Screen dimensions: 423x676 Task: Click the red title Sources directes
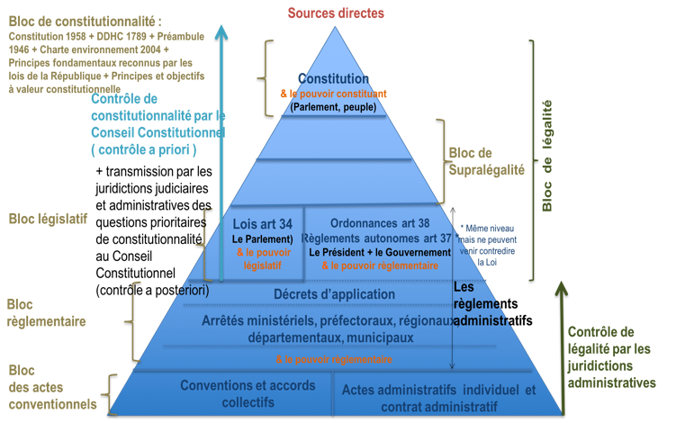[336, 13]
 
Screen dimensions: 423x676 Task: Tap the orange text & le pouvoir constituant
[333, 94]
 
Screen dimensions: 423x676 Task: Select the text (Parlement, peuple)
[333, 107]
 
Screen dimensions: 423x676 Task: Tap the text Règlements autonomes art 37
[378, 238]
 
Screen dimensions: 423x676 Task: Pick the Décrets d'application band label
[334, 294]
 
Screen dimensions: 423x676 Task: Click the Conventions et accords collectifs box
[236, 394]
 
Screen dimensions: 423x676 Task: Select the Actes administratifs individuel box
[439, 396]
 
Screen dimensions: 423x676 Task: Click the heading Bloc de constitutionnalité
[79, 20]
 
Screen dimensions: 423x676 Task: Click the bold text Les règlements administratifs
[491, 304]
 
